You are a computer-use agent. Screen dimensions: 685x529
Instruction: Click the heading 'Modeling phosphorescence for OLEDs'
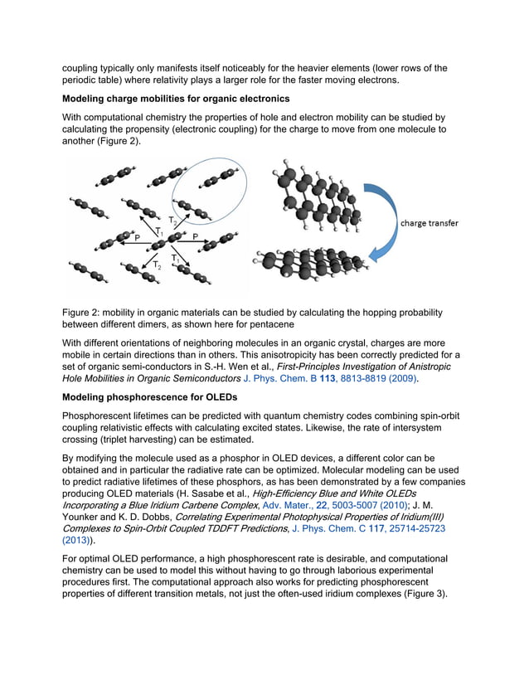149,396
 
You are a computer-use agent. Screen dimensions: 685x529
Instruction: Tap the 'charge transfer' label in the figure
429,223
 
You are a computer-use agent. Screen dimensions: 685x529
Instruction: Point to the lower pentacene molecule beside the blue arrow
313,265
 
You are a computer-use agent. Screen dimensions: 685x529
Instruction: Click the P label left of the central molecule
137,236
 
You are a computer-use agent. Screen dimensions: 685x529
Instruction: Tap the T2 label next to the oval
172,221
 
